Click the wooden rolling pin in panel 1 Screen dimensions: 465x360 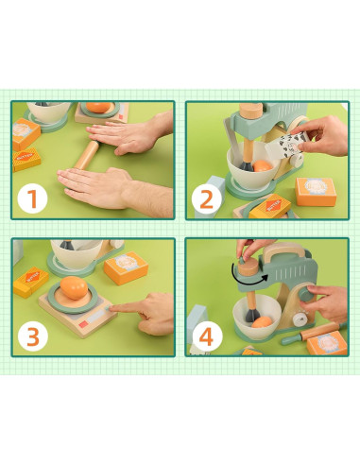[93, 148]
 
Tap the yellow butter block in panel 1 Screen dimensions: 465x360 [26, 138]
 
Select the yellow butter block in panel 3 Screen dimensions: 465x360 [30, 281]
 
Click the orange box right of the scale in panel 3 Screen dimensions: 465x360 [124, 269]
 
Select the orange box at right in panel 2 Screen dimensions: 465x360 [317, 192]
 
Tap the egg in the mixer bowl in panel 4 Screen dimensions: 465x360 [261, 321]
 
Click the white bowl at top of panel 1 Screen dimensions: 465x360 [47, 112]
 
